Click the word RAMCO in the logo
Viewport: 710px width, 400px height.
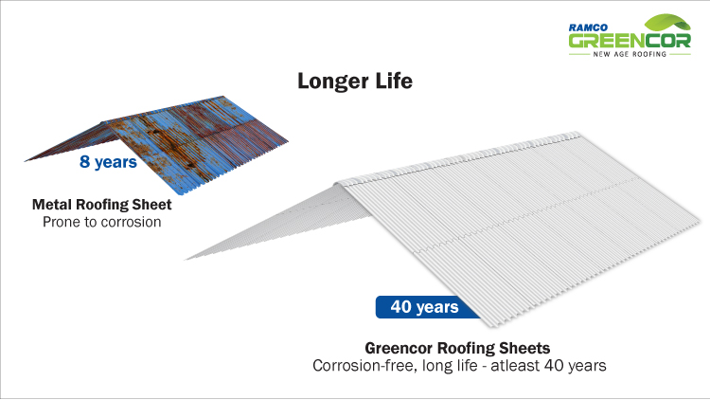[x=588, y=27]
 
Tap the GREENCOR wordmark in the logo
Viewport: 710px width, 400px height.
[x=630, y=41]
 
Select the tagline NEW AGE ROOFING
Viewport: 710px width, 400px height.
[x=630, y=54]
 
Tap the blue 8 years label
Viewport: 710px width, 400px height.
[x=108, y=162]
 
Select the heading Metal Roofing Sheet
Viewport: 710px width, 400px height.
[x=102, y=205]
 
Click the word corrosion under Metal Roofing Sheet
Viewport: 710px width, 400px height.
[x=131, y=222]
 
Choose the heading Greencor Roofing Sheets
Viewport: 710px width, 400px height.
[x=457, y=348]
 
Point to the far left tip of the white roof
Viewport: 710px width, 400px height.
[x=185, y=260]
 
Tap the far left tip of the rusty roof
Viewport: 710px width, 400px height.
[x=25, y=160]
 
